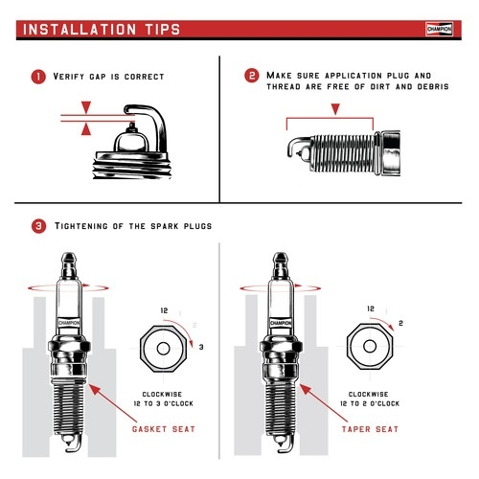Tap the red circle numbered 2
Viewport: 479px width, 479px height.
pyautogui.click(x=252, y=77)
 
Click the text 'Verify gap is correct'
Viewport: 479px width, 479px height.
pyautogui.click(x=110, y=77)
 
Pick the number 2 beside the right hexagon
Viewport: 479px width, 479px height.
pyautogui.click(x=399, y=325)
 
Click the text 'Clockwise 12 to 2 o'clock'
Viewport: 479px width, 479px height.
pyautogui.click(x=368, y=399)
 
